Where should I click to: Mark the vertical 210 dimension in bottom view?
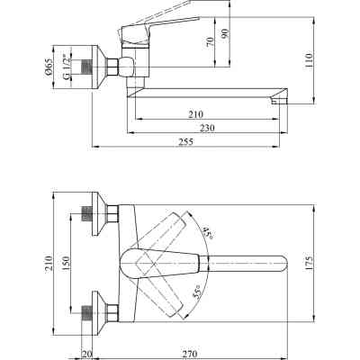tap(47, 264)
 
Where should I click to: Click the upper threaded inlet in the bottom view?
tap(87, 214)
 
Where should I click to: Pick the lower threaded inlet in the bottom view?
tap(87, 311)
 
